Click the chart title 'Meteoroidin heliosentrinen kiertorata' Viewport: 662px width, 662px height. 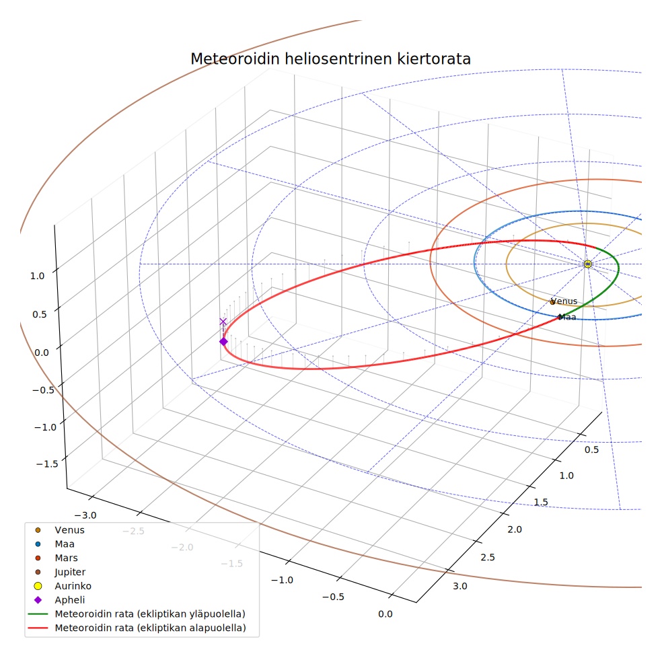(330, 59)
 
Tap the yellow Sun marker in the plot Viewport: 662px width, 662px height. (588, 264)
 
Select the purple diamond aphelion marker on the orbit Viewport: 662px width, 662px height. (223, 341)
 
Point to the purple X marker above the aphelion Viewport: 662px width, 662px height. (223, 322)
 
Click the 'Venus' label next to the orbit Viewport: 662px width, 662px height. (564, 301)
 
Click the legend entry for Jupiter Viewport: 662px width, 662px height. (61, 572)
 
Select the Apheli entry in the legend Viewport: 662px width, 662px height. (59, 600)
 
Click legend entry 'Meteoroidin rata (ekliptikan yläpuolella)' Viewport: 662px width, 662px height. (137, 614)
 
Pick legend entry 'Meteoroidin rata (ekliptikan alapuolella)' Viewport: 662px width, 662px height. (137, 628)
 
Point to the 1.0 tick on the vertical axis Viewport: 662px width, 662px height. (37, 276)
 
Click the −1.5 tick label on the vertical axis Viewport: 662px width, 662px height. (47, 464)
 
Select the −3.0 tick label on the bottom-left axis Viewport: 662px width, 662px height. (85, 515)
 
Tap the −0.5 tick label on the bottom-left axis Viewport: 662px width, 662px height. (333, 597)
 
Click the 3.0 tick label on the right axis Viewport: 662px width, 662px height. (460, 586)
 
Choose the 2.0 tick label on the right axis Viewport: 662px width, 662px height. (515, 529)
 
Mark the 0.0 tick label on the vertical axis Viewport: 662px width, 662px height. (42, 353)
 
